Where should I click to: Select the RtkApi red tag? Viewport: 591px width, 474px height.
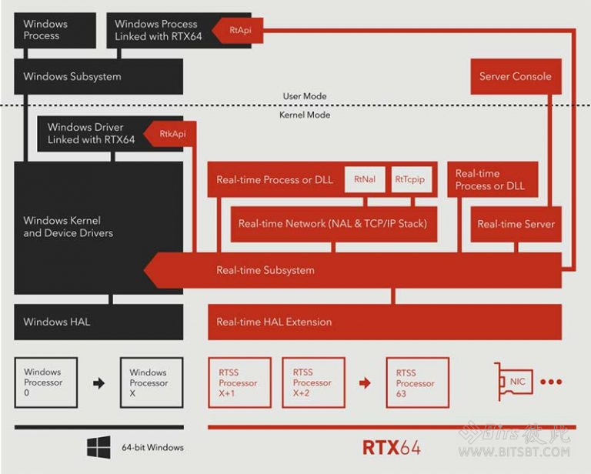point(171,134)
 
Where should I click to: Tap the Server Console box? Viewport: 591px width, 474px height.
point(515,77)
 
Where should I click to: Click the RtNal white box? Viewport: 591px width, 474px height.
point(365,179)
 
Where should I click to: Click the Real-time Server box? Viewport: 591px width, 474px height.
point(516,224)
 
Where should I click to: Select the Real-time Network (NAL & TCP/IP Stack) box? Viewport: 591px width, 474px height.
point(332,224)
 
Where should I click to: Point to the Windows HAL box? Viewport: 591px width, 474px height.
point(98,322)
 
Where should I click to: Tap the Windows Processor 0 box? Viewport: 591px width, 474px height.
point(46,382)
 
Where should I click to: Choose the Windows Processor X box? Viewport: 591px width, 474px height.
point(152,382)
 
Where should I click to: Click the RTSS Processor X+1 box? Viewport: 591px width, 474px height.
point(239,382)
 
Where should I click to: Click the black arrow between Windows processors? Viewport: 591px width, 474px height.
point(98,382)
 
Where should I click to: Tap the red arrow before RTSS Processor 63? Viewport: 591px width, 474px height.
point(365,382)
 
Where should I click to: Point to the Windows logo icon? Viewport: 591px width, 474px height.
point(98,447)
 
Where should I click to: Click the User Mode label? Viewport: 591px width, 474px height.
point(305,96)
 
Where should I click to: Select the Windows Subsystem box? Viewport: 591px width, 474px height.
point(98,77)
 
